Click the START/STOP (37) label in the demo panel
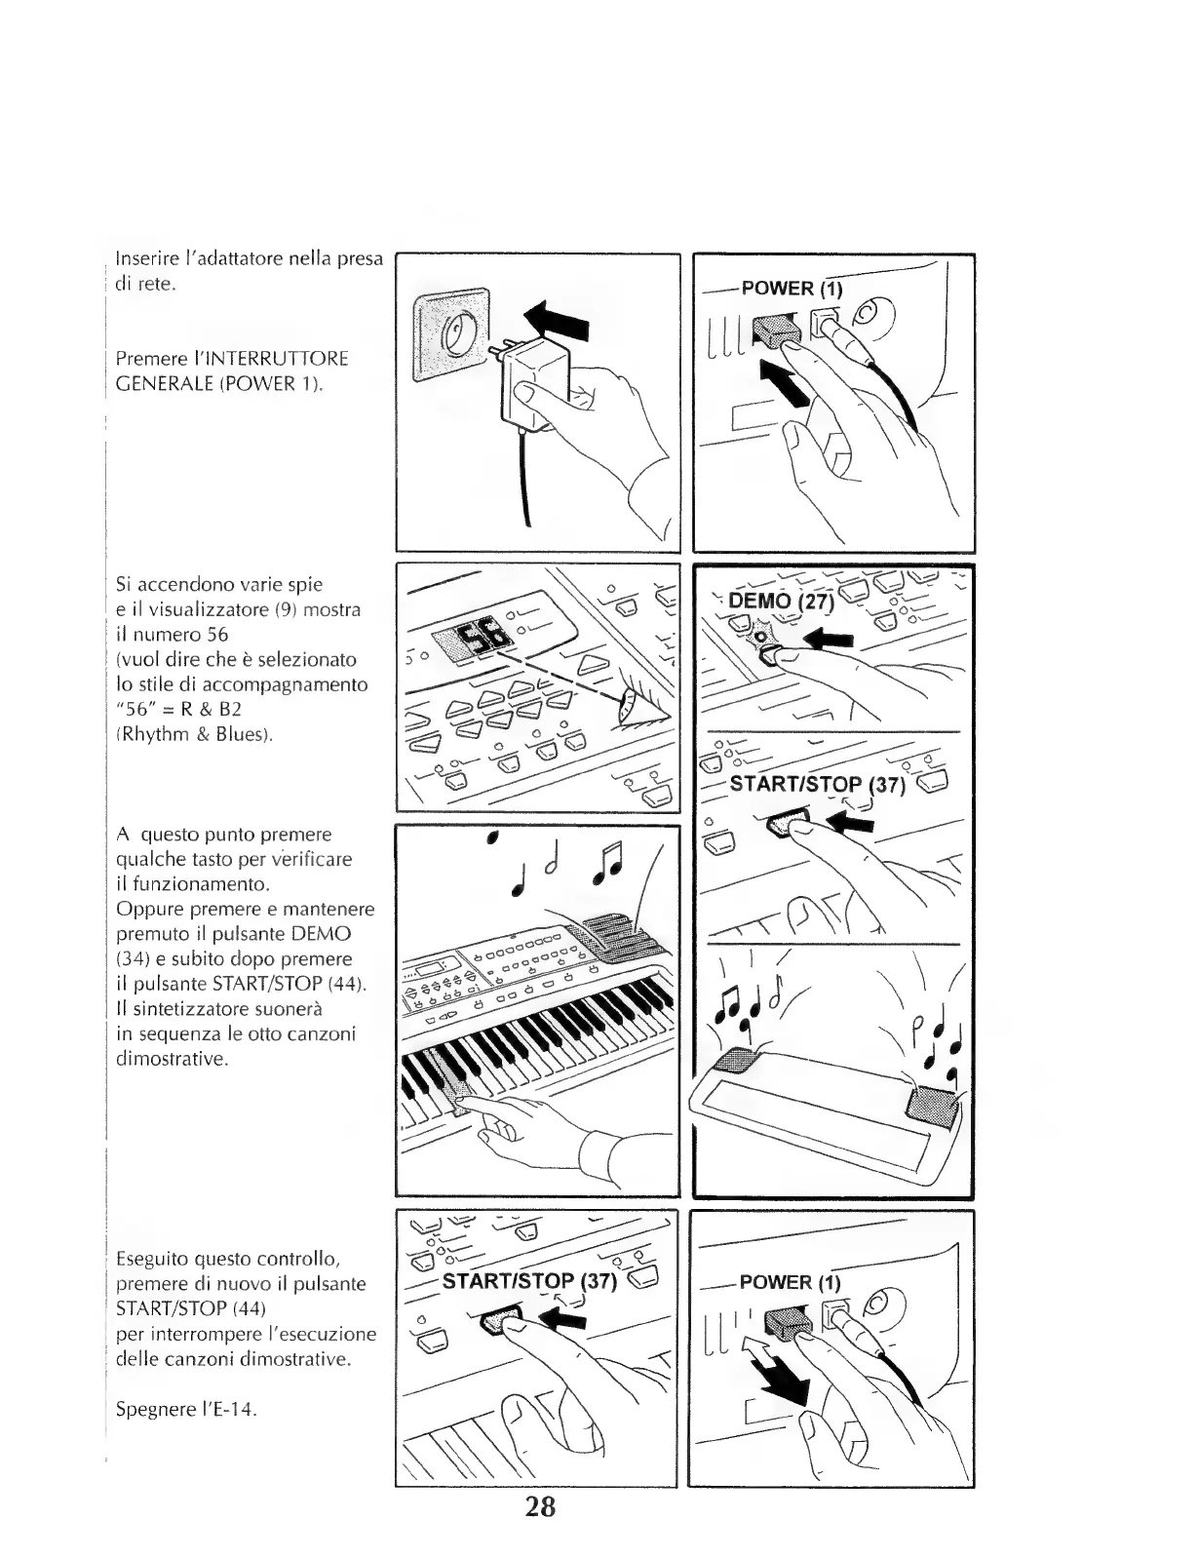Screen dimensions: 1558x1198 point(817,785)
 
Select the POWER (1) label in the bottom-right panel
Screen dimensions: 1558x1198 point(790,1281)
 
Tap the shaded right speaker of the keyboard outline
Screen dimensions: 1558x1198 point(934,1104)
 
